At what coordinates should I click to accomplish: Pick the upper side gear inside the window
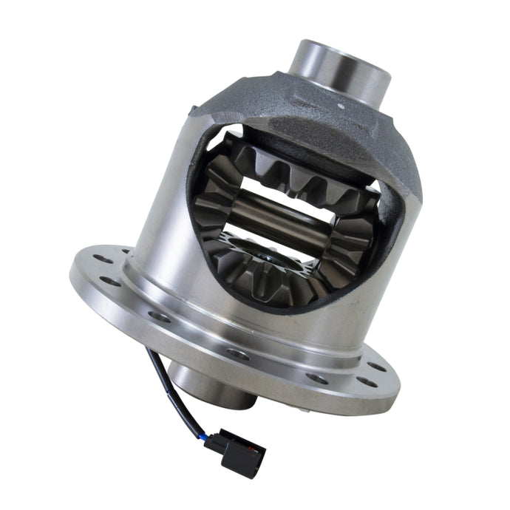(296, 174)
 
